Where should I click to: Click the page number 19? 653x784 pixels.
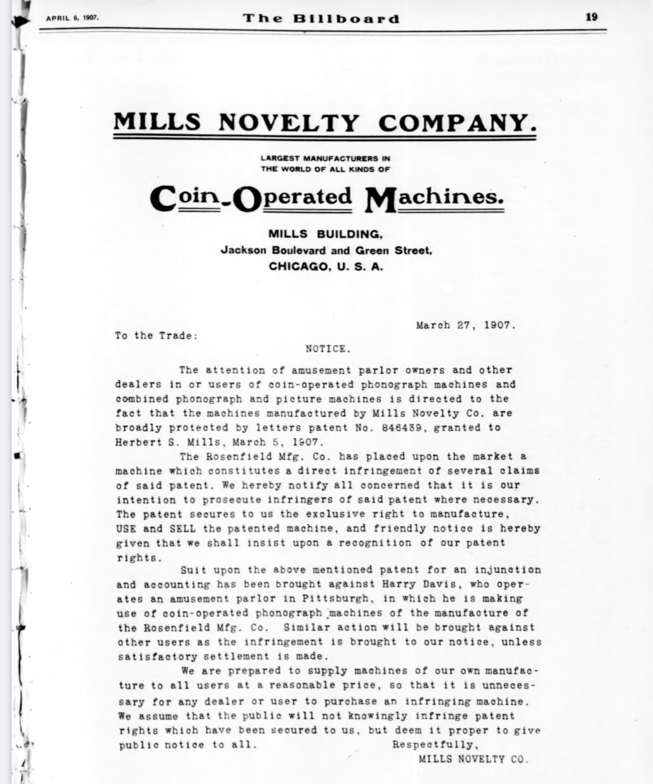591,17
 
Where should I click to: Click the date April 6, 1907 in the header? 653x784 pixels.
72,18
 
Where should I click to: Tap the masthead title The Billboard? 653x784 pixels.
321,19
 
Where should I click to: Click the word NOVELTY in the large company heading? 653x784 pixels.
289,123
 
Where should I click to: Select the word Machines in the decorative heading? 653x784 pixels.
434,198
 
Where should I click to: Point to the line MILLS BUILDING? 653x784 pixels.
325,235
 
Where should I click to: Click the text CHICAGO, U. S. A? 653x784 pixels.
326,267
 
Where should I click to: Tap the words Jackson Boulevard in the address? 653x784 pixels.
273,251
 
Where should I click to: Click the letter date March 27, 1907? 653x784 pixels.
466,325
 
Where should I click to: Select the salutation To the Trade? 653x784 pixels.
156,336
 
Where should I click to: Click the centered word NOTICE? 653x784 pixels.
328,349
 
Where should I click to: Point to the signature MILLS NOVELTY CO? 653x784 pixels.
473,759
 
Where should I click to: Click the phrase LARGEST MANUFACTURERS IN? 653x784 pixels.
325,159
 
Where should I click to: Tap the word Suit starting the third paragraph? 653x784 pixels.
193,570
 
